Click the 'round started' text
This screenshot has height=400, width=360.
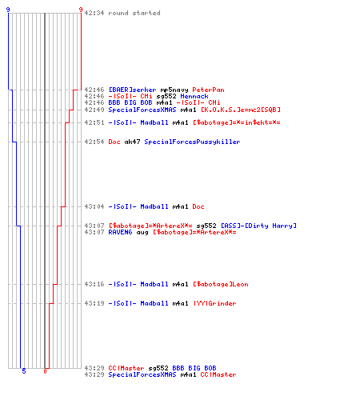coord(134,13)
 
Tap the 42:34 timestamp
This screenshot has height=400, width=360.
coord(94,13)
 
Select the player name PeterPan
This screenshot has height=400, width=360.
coord(208,90)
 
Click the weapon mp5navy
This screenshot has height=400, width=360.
coord(174,90)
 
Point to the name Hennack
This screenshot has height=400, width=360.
coord(194,96)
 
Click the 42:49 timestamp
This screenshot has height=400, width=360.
coord(94,110)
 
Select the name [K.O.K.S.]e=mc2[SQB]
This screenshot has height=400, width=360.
coord(240,110)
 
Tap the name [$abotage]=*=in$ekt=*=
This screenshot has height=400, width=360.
coord(236,122)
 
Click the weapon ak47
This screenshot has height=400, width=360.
coord(132,142)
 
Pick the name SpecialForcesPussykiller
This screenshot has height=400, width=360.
coord(192,142)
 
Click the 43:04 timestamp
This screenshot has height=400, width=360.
coord(94,206)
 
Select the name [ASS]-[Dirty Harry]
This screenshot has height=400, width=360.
coord(258,226)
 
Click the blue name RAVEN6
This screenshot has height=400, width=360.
coord(120,232)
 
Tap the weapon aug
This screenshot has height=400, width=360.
coord(142,233)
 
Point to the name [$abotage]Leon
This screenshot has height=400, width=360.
coord(220,284)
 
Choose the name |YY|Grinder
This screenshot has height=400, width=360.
coord(214,303)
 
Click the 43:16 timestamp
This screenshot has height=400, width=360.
coord(94,284)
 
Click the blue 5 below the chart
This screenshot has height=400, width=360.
coord(24,371)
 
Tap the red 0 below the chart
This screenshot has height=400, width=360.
coord(45,371)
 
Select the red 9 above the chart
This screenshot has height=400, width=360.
coord(81,10)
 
